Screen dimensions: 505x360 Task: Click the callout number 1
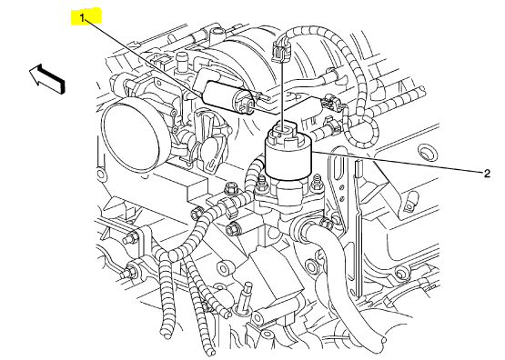tap(82, 18)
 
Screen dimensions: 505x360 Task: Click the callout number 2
tap(487, 174)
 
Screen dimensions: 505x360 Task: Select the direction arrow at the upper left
tap(47, 79)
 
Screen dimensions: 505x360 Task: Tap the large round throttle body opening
tap(130, 135)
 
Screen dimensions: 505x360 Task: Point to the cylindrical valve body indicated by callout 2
tap(288, 156)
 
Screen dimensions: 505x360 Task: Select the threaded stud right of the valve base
tap(318, 183)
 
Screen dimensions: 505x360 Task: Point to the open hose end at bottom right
tap(380, 339)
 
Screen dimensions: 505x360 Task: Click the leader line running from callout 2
tap(398, 163)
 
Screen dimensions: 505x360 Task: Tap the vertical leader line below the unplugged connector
tap(283, 95)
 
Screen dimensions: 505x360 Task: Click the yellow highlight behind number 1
tap(86, 16)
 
